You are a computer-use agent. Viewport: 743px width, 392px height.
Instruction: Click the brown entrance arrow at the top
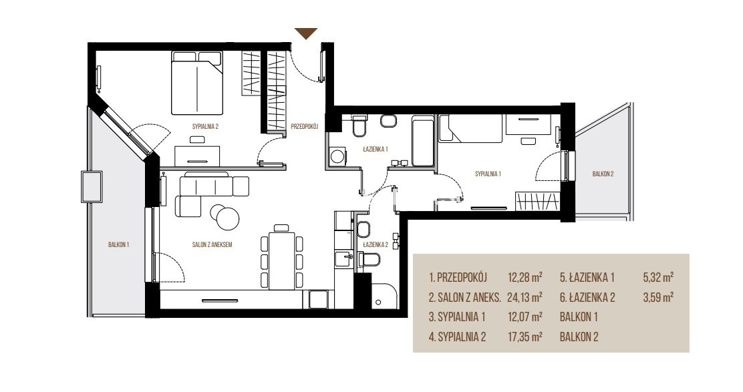coord(306,33)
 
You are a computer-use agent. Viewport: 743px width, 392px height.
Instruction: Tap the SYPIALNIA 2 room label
coord(205,126)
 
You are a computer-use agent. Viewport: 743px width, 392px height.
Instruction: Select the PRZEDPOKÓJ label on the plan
coord(304,126)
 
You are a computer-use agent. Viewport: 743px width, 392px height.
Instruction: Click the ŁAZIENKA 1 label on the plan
coord(376,149)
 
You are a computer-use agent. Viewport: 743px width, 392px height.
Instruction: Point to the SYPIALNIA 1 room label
coord(488,174)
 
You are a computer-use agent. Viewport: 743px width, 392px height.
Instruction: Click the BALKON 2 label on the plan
coord(603,174)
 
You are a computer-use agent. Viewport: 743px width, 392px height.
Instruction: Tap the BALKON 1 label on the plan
coord(118,245)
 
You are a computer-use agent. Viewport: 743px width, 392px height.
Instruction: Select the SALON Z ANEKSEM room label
coord(212,245)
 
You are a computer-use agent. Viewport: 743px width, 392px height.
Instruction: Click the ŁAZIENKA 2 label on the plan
coord(376,245)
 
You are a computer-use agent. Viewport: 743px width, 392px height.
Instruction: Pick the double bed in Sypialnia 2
coord(196,83)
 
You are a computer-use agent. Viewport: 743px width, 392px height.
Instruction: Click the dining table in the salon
coord(282,260)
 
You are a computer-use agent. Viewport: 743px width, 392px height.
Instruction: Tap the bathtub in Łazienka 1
coord(423,141)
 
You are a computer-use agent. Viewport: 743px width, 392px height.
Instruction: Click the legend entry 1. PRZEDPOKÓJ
coord(458,277)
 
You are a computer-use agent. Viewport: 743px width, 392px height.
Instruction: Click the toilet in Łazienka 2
coord(370,260)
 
